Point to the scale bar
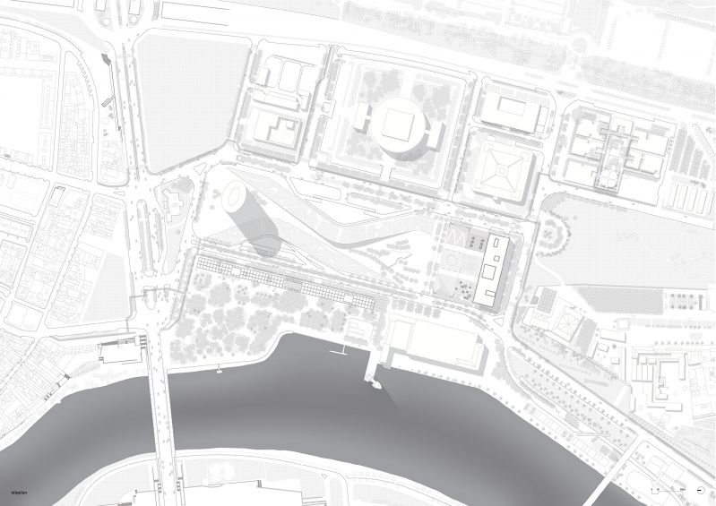click(668, 490)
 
